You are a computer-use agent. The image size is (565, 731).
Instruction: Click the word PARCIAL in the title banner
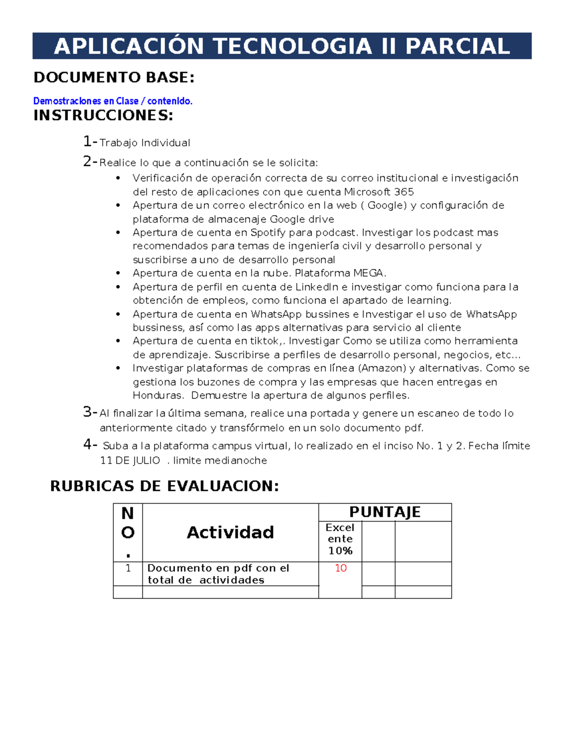(457, 46)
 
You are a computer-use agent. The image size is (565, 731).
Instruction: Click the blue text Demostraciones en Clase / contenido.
(113, 101)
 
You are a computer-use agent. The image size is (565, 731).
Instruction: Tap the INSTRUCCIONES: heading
(103, 115)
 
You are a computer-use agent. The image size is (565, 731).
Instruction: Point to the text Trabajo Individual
(145, 143)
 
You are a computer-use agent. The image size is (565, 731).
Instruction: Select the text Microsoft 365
(379, 192)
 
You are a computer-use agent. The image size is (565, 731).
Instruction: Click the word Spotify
(268, 233)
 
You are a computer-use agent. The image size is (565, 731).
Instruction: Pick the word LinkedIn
(316, 287)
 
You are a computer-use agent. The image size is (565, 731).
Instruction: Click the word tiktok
(265, 341)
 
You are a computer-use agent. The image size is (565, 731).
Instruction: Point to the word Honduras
(157, 395)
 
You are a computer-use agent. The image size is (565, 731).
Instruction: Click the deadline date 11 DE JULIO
(130, 460)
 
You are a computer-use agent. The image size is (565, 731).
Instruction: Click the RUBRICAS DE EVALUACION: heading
(164, 486)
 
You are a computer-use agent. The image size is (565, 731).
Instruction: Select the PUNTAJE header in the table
(385, 512)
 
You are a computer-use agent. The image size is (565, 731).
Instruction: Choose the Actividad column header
(230, 532)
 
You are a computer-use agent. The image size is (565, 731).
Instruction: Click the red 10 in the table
(340, 568)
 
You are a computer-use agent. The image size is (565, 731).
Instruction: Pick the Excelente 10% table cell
(340, 539)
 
